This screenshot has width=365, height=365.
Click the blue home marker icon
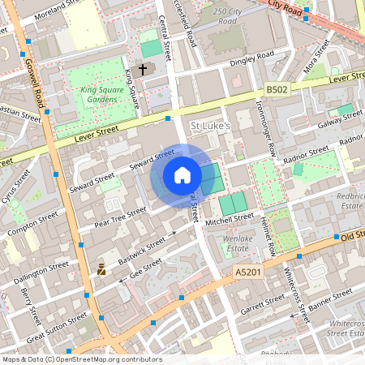pyautogui.click(x=182, y=176)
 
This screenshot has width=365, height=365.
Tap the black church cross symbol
pyautogui.click(x=144, y=70)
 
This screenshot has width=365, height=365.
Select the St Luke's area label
pyautogui.click(x=211, y=127)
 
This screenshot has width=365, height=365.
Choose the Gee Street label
pyautogui.click(x=145, y=268)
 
